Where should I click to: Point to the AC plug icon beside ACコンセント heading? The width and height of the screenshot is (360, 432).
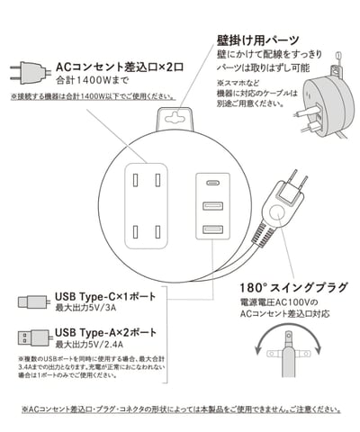pos(28,70)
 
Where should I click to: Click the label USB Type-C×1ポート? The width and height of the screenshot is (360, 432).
pos(103,296)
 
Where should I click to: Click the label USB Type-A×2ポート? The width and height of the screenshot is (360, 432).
pos(103,332)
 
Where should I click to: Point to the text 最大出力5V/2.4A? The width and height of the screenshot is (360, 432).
pos(95,345)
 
